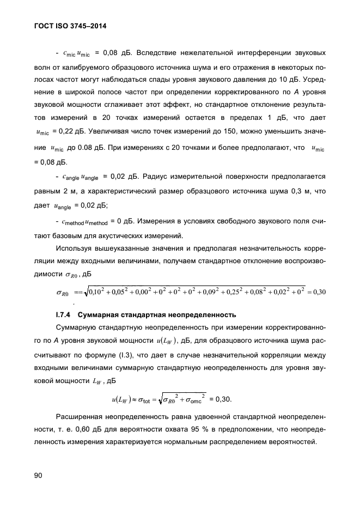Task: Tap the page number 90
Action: coord(38,476)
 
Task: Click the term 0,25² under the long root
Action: coord(237,292)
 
